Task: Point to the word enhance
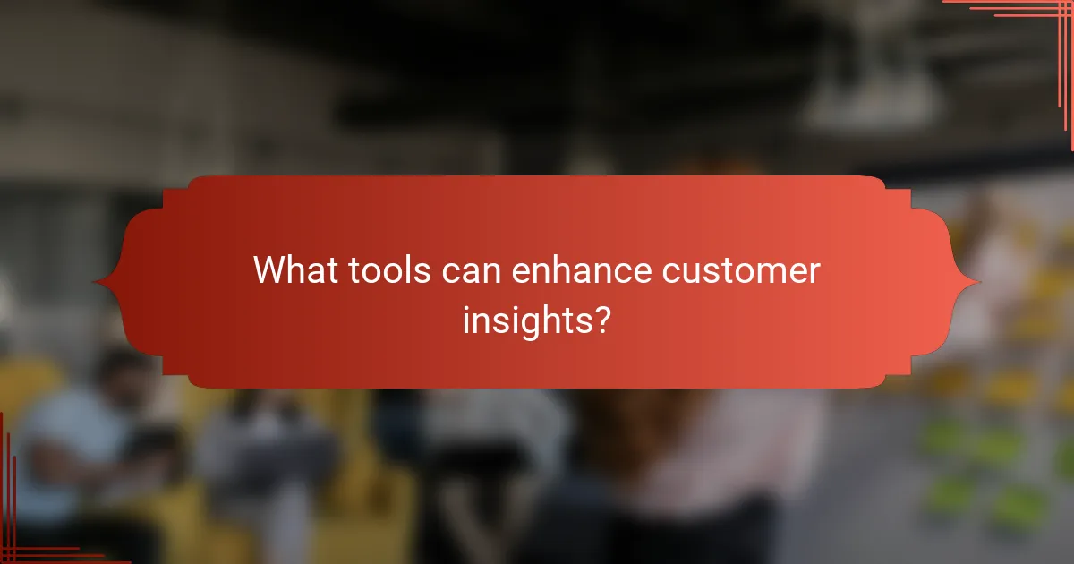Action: tap(582, 270)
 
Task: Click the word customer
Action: tap(740, 270)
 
